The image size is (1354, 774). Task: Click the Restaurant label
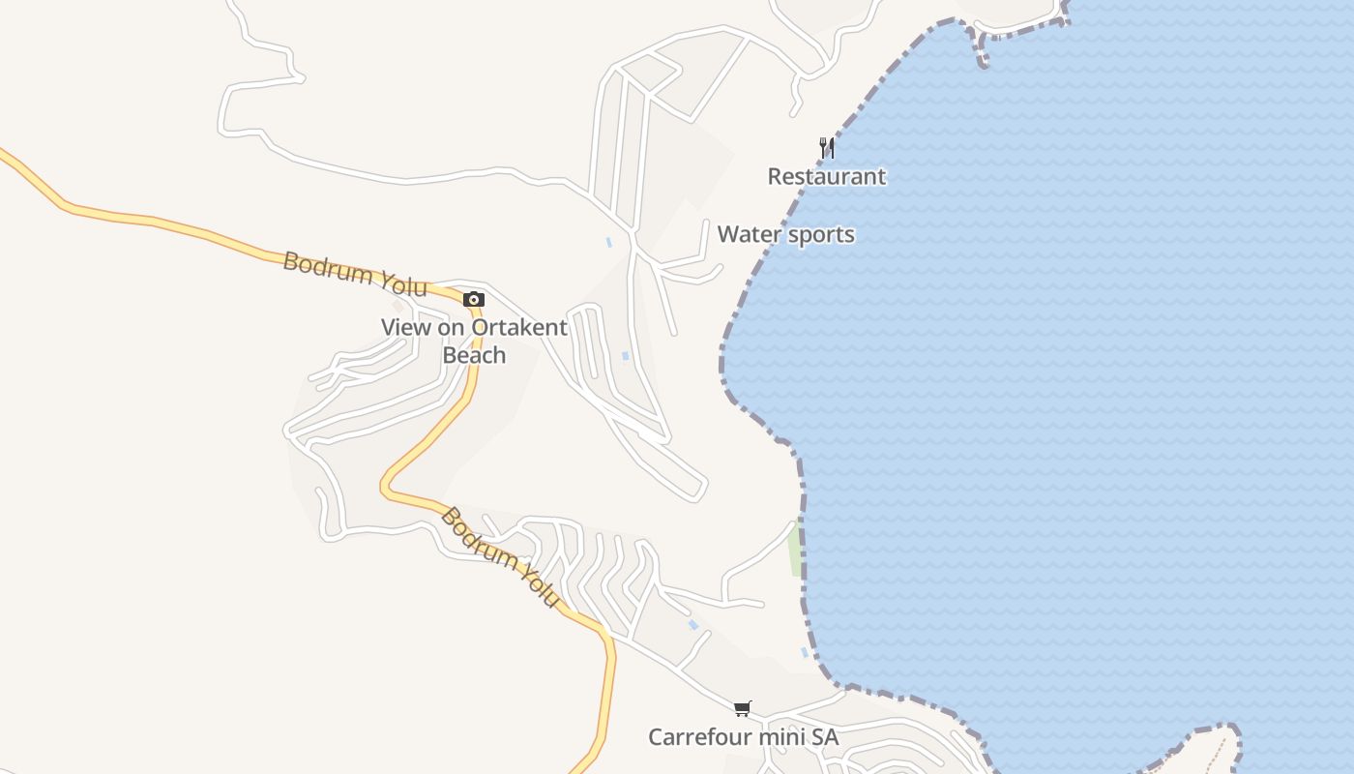(826, 176)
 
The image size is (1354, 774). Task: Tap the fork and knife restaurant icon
(826, 148)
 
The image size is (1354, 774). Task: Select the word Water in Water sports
(746, 234)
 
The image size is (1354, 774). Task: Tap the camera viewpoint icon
(473, 299)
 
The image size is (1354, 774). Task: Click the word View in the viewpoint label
(404, 327)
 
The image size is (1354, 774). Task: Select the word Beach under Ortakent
(474, 355)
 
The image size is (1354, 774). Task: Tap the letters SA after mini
(825, 737)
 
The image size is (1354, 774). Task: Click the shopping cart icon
(742, 709)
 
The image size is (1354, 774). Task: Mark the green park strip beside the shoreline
(795, 550)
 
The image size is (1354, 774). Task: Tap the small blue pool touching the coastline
(805, 653)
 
